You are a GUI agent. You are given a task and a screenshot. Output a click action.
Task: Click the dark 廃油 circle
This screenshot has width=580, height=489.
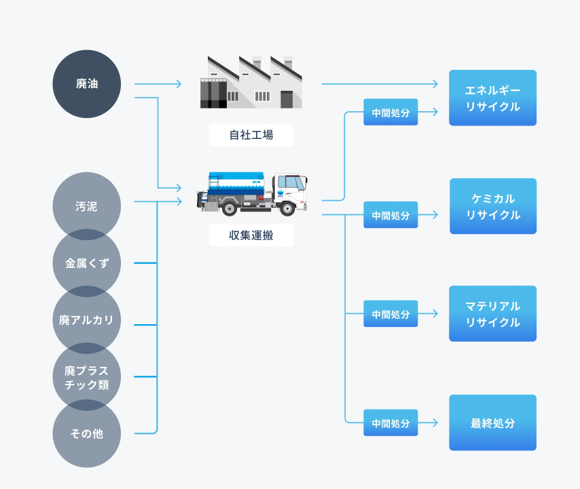pyautogui.click(x=87, y=84)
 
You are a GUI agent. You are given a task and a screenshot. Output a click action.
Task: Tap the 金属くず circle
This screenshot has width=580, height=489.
pyautogui.click(x=87, y=263)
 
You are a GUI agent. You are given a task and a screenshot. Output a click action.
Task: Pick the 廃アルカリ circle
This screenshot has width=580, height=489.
pyautogui.click(x=87, y=320)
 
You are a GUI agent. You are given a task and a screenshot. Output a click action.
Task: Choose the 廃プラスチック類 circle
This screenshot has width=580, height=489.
pyautogui.click(x=87, y=377)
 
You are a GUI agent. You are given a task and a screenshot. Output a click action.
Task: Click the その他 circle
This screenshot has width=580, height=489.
pyautogui.click(x=87, y=434)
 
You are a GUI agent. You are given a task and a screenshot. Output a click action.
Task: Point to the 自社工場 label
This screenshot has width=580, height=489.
pyautogui.click(x=251, y=135)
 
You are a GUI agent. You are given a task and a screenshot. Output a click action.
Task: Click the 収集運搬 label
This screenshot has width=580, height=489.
pyautogui.click(x=251, y=235)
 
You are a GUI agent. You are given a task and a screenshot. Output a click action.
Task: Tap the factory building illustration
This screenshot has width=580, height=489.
pyautogui.click(x=251, y=83)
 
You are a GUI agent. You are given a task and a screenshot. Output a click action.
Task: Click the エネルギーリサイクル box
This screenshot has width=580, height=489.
pyautogui.click(x=492, y=98)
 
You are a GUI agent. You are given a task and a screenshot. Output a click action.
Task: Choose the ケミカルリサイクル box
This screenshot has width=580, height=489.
pyautogui.click(x=492, y=206)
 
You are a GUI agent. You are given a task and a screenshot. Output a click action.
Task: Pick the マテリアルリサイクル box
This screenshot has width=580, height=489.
pyautogui.click(x=492, y=314)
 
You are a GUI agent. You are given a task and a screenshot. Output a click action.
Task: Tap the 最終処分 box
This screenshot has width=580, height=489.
pyautogui.click(x=492, y=423)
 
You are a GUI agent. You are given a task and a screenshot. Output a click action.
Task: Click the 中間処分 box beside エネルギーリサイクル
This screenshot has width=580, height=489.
pyautogui.click(x=391, y=113)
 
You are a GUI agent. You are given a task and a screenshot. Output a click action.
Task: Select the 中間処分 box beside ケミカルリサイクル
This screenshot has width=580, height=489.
pyautogui.click(x=391, y=215)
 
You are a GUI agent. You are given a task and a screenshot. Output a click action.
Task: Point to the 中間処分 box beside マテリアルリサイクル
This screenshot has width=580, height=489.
pyautogui.click(x=391, y=314)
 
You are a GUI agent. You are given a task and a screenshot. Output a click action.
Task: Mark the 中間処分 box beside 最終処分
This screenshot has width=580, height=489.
pyautogui.click(x=391, y=423)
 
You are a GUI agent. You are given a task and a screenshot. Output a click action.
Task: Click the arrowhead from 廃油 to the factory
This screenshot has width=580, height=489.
pyautogui.click(x=179, y=84)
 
